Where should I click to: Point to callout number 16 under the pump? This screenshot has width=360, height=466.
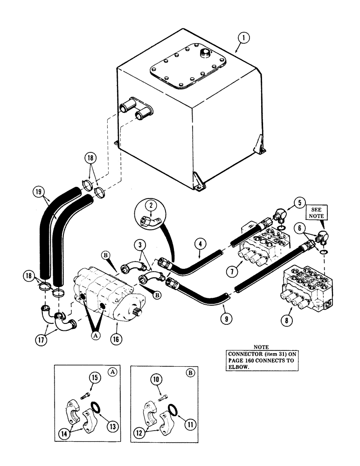tap(116, 339)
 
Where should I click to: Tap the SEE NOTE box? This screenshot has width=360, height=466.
tap(314, 215)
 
